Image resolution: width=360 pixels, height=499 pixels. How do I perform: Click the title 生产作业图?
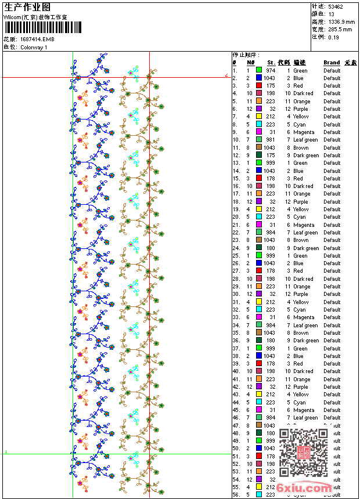(x=27, y=7)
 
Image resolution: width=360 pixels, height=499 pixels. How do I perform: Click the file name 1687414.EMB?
(x=37, y=39)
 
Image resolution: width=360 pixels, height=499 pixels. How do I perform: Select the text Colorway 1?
(x=34, y=47)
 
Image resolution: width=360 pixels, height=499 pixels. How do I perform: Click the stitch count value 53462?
(x=336, y=6)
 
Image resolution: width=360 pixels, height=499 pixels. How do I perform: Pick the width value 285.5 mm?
(x=340, y=29)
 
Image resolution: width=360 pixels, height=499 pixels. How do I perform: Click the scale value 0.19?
(x=333, y=37)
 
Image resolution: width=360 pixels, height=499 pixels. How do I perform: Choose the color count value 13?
(x=332, y=14)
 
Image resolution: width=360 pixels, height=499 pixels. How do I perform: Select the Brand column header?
(x=332, y=63)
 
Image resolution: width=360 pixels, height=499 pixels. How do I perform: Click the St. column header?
(x=271, y=63)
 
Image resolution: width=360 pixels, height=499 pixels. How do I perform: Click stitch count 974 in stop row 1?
(x=271, y=71)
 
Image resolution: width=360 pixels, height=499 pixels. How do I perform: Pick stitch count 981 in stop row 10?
(x=271, y=140)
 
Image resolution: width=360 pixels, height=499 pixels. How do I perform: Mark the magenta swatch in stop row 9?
(x=258, y=132)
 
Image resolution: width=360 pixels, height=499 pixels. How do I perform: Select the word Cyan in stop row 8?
(x=300, y=125)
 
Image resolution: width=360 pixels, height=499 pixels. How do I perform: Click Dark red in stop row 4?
(x=303, y=93)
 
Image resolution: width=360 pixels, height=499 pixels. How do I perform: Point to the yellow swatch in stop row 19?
(x=258, y=209)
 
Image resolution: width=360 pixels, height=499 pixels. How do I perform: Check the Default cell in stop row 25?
(x=332, y=256)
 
